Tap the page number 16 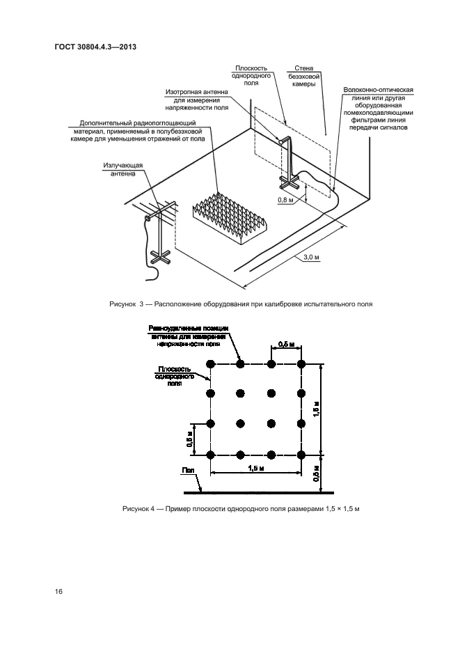tap(59, 591)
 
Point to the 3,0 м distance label tap(312, 258)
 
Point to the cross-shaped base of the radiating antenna tap(160, 258)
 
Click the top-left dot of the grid tap(210, 363)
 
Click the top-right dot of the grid tap(302, 363)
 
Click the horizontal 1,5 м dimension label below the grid tap(256, 469)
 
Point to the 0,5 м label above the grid tap(285, 344)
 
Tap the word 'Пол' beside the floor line tap(189, 471)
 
